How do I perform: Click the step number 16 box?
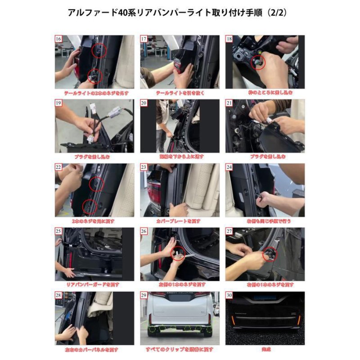click(58, 39)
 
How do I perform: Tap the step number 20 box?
click(144, 103)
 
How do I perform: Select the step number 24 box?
click(229, 167)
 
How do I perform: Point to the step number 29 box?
click(144, 295)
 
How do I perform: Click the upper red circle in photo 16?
click(98, 51)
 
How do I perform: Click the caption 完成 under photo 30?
click(265, 349)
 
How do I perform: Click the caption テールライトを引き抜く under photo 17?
click(180, 93)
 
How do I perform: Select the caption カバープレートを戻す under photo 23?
click(180, 221)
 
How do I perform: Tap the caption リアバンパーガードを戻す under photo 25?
click(94, 285)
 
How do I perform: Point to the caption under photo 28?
click(94, 349)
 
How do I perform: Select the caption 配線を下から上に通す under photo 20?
click(180, 157)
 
